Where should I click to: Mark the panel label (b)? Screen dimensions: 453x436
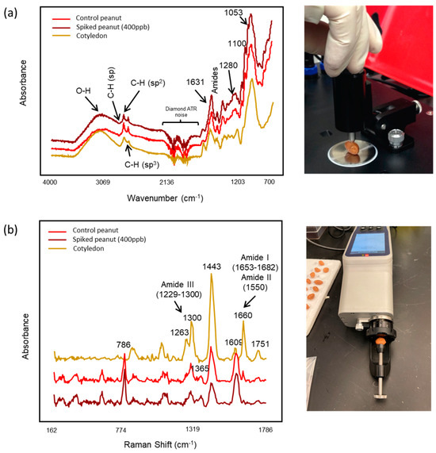pyautogui.click(x=12, y=231)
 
